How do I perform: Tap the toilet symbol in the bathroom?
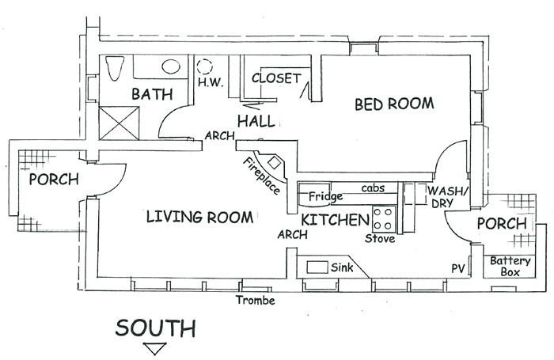(x=112, y=68)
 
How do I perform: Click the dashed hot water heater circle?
(x=207, y=67)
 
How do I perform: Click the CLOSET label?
(x=275, y=78)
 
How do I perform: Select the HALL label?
(x=256, y=121)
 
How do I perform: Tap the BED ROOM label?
(x=393, y=103)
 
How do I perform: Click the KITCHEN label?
(x=336, y=218)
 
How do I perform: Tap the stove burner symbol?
(x=384, y=216)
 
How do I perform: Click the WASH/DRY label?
(x=448, y=198)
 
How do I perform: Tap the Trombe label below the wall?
(x=255, y=299)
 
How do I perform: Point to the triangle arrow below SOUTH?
(x=155, y=349)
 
